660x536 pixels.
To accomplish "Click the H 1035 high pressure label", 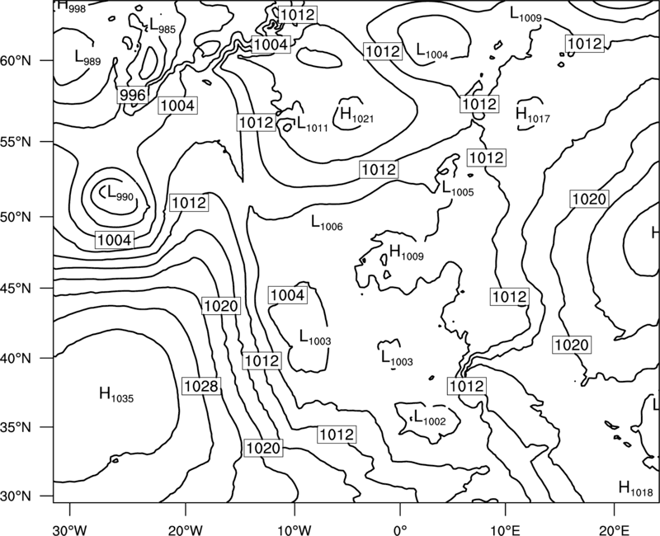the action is (116, 395).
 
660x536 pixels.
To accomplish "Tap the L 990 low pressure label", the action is (120, 193).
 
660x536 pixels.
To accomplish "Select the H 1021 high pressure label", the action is (356, 115).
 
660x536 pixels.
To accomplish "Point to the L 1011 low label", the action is (312, 124).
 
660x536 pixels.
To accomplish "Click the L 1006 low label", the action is (327, 223).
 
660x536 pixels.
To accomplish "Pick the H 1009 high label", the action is (406, 252).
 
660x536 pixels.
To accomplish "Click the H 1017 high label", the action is (532, 115).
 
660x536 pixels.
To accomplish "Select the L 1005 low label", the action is (458, 188).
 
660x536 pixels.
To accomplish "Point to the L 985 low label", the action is (163, 26).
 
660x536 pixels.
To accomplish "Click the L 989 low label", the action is (87, 57).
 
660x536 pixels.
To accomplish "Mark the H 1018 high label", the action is (635, 488).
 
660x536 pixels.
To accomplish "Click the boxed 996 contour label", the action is (133, 95).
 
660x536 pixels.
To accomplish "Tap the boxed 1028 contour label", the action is (201, 386).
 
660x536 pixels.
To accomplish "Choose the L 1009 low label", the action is (526, 14).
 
